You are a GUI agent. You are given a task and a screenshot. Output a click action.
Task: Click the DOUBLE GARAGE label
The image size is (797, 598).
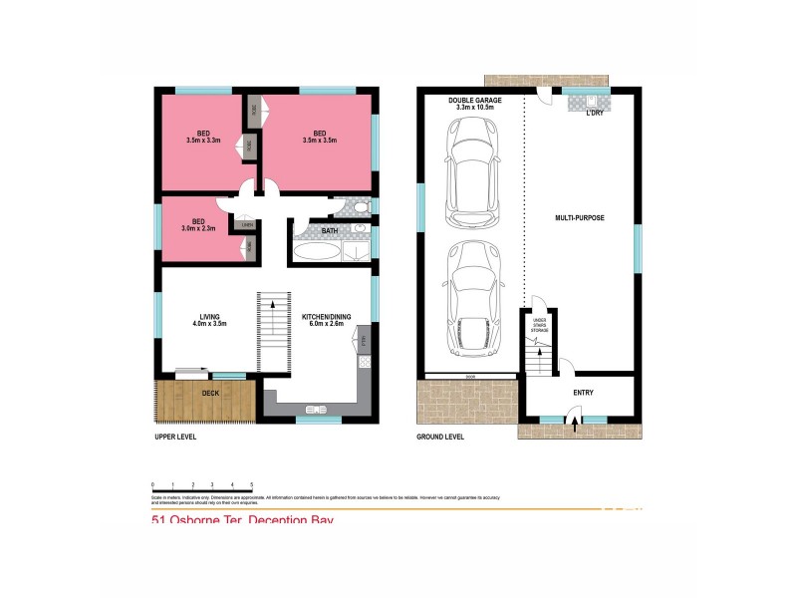point(473,99)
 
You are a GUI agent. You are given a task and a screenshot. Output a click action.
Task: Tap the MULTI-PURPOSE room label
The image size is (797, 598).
point(580,216)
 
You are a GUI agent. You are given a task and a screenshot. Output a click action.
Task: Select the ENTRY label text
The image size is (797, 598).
point(583,393)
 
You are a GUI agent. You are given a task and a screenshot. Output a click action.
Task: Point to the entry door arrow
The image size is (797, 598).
point(576,423)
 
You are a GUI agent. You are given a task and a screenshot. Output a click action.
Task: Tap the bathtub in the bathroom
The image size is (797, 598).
point(317,250)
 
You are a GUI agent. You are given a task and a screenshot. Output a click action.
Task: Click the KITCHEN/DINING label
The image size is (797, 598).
point(323,317)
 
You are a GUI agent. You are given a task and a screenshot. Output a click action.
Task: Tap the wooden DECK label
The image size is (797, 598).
point(210,394)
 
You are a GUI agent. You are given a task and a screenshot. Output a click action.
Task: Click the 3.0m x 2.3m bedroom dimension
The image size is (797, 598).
point(199,229)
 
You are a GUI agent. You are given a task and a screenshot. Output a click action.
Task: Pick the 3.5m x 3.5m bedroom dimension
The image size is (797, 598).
point(319,141)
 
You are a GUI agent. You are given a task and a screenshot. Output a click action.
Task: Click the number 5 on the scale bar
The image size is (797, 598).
point(251,483)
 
